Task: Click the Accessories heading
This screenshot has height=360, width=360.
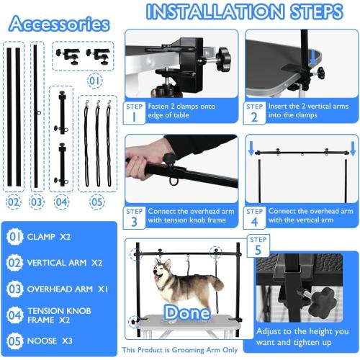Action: point(60,23)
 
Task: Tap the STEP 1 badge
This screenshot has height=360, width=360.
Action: point(135,112)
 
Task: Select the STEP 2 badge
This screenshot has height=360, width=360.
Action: point(254,112)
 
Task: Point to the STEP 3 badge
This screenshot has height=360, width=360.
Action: point(135,217)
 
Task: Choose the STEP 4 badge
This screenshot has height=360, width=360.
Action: point(254,217)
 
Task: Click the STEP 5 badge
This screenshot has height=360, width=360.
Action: point(258,244)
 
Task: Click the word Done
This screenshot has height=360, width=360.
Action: point(186,312)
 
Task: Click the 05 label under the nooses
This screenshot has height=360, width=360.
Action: point(96,202)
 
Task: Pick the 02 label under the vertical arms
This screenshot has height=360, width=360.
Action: point(13,202)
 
